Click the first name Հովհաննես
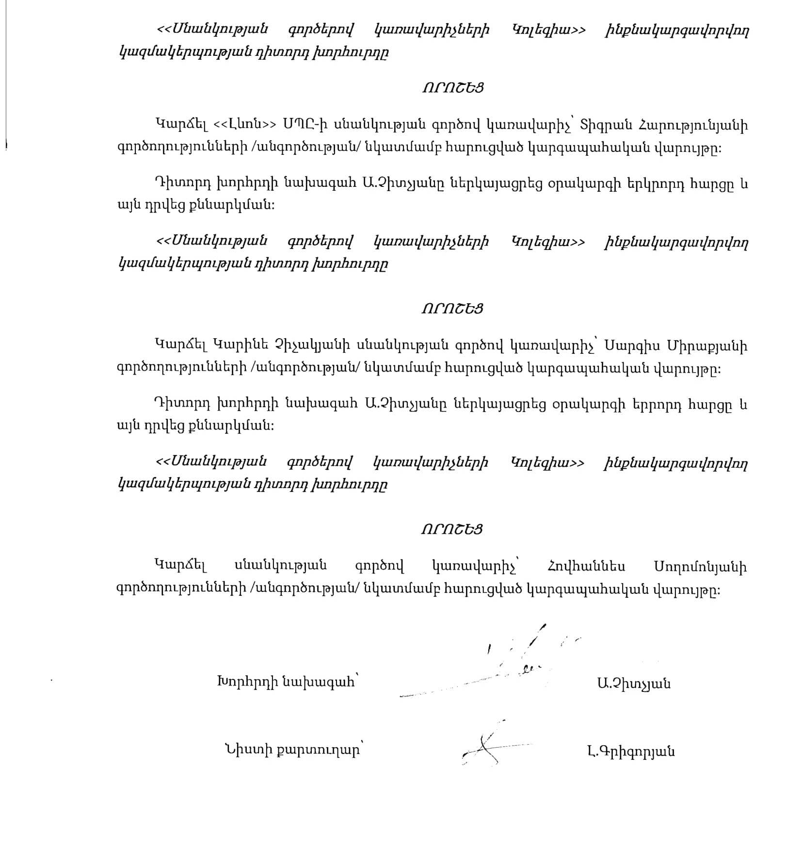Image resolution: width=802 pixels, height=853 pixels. click(586, 566)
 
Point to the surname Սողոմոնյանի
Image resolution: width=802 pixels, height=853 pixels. click(700, 566)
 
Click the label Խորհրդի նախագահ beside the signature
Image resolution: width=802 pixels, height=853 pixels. click(286, 682)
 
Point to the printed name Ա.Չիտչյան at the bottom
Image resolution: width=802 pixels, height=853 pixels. click(634, 684)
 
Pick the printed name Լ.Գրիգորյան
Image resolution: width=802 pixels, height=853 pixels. click(630, 752)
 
